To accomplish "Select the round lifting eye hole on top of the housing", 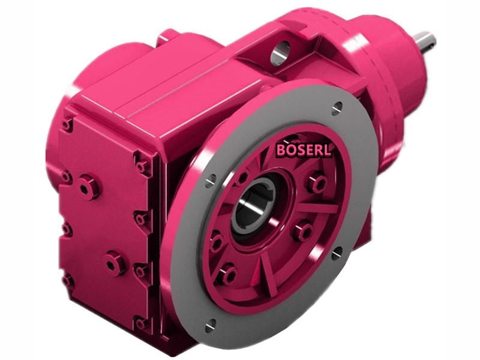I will click(279, 54).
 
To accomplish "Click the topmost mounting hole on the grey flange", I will click(337, 109).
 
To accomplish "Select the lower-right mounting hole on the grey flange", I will click(337, 252).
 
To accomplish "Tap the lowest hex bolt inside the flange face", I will click(227, 275).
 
